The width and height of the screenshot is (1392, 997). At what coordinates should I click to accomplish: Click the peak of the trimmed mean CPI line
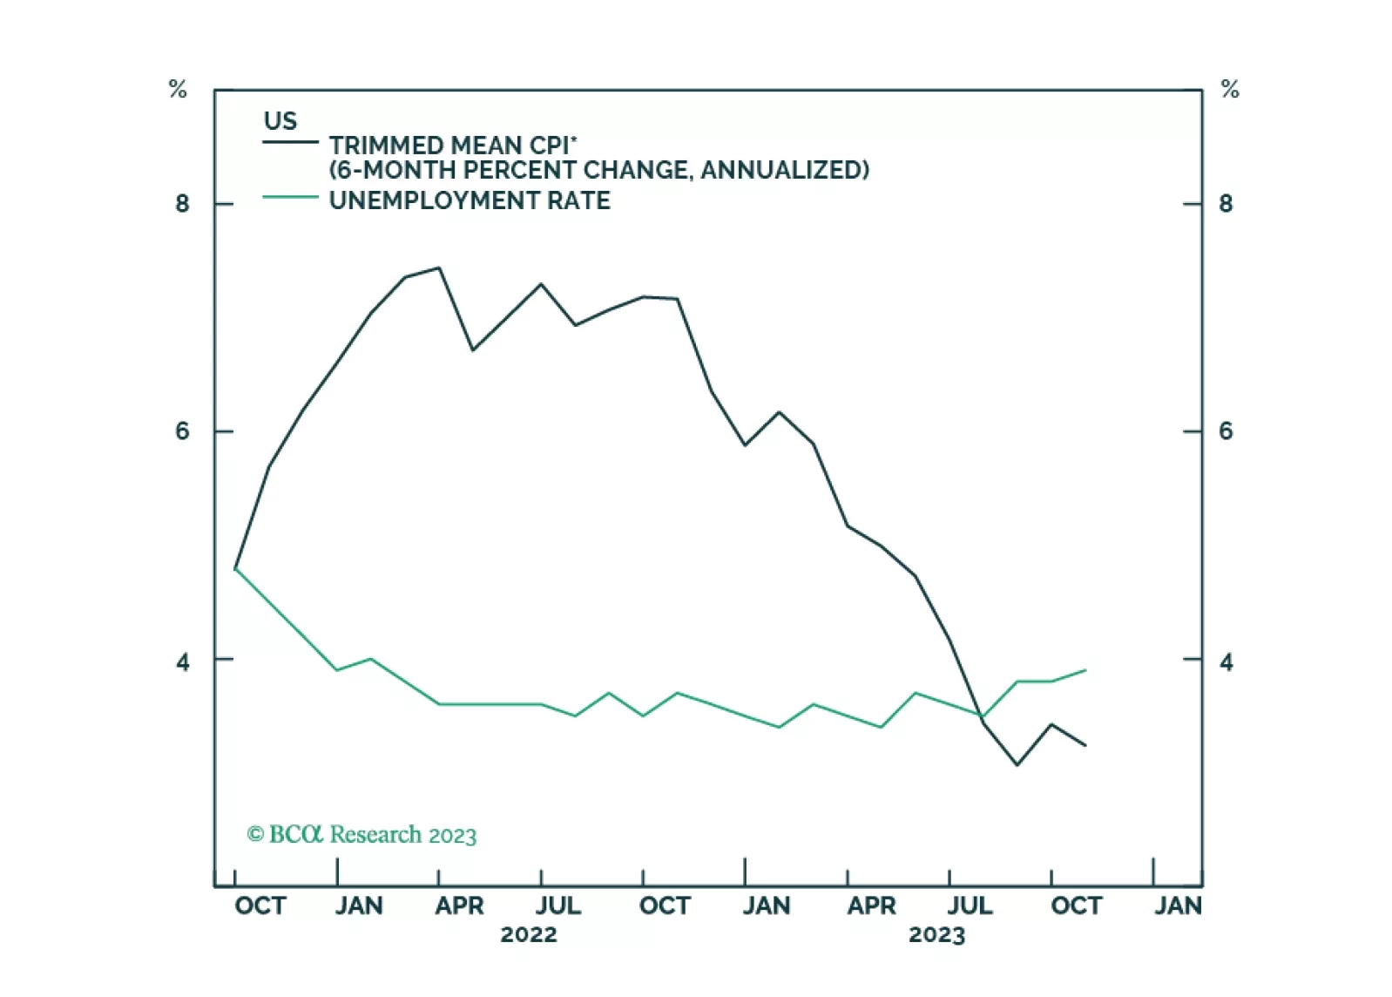click(439, 268)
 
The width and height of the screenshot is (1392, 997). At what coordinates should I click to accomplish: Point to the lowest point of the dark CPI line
click(1017, 764)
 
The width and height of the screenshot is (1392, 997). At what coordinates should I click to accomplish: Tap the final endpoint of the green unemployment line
click(1085, 670)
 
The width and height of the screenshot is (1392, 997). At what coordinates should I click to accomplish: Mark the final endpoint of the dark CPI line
click(1085, 745)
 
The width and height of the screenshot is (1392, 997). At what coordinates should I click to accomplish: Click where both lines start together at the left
click(236, 568)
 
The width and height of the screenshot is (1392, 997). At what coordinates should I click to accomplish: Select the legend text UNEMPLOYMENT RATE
click(470, 200)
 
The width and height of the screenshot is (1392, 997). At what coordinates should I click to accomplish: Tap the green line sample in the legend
click(290, 198)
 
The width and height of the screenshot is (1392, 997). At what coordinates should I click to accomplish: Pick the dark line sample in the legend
click(290, 142)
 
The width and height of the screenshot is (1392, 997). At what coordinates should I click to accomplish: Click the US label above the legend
click(280, 120)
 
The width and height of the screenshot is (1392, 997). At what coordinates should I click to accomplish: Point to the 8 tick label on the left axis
click(182, 204)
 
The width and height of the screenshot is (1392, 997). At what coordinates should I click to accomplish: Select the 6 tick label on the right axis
click(1226, 431)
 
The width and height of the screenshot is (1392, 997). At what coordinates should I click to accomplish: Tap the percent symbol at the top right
click(1230, 89)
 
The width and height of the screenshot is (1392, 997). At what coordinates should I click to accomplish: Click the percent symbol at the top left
click(178, 89)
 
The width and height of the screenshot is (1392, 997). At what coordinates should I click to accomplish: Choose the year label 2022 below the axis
click(529, 935)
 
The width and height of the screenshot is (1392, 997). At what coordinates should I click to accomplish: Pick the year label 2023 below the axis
click(936, 935)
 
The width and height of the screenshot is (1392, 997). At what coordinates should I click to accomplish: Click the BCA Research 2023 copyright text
click(362, 835)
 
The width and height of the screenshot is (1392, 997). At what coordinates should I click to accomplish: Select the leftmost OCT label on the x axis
click(260, 906)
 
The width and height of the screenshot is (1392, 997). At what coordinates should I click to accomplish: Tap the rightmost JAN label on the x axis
click(1178, 906)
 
